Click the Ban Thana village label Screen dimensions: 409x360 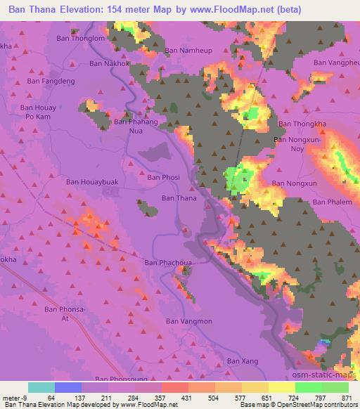[179, 198]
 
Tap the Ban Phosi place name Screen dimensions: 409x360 [163, 178]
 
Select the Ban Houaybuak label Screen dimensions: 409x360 [92, 182]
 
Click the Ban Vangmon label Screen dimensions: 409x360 [188, 321]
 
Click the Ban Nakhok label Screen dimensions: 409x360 [110, 63]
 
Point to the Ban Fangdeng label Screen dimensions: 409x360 [50, 81]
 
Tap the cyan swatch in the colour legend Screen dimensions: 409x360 [41, 388]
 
